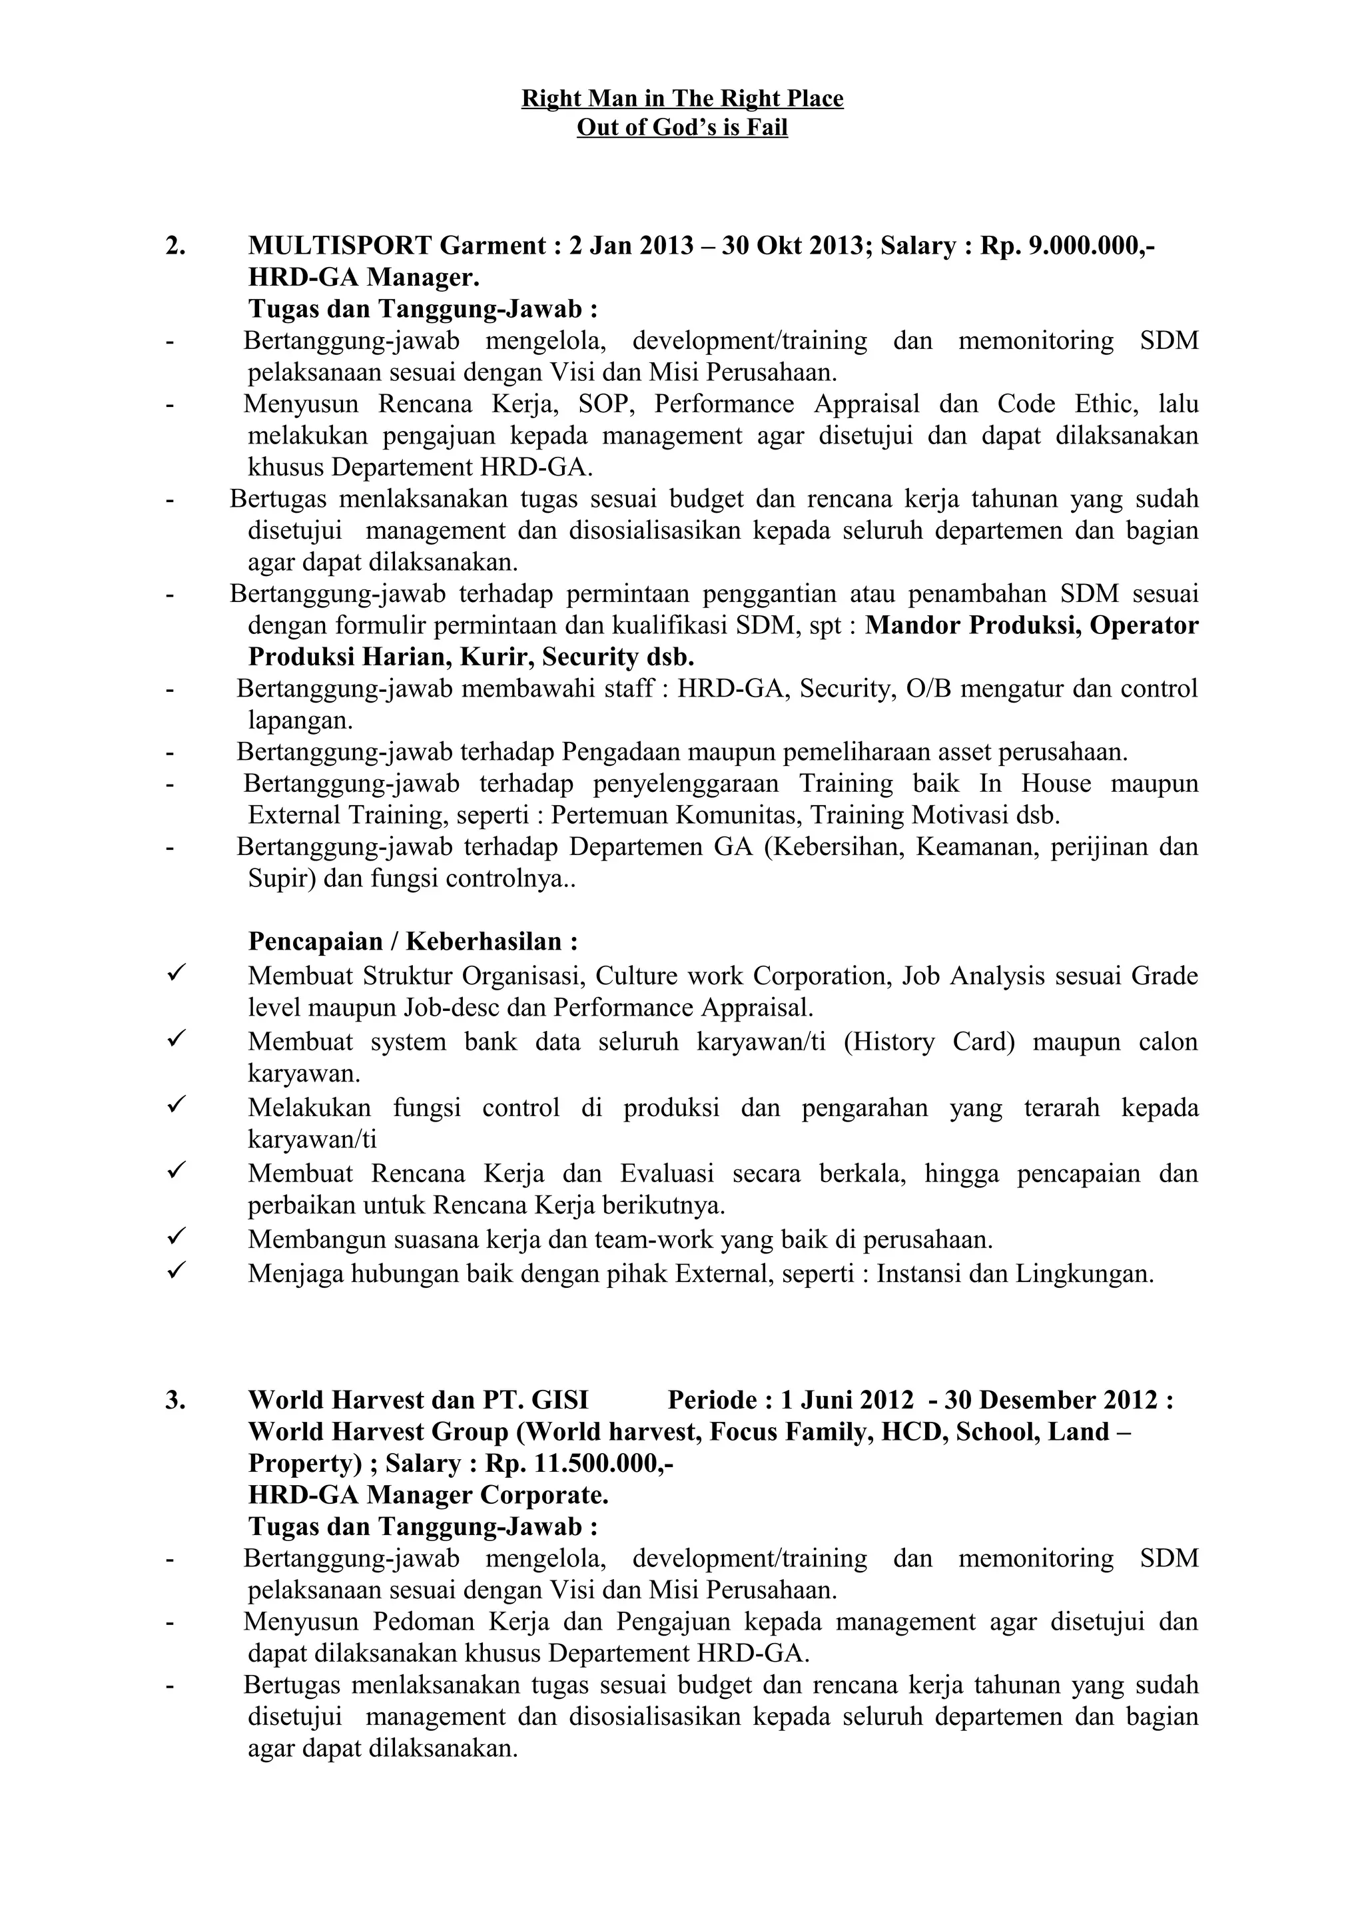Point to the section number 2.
tap(176, 246)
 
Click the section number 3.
tap(176, 1400)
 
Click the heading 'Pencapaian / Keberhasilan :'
tap(413, 940)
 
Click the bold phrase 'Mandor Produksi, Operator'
tap(1031, 625)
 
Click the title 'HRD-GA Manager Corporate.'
tap(428, 1495)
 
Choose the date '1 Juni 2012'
tap(847, 1400)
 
